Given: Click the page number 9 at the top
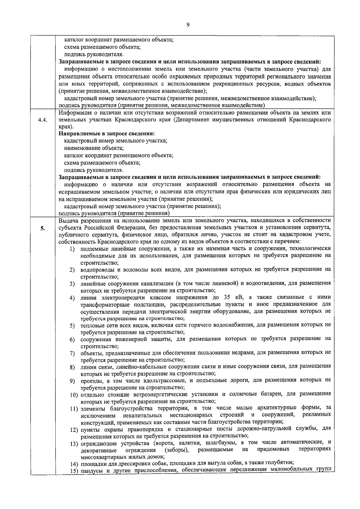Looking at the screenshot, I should (188, 25).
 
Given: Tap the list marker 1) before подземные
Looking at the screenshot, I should (72, 249).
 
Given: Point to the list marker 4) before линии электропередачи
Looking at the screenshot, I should (72, 298).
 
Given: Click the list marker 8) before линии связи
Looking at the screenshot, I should (72, 367).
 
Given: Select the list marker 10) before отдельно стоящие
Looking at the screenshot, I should (74, 394).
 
